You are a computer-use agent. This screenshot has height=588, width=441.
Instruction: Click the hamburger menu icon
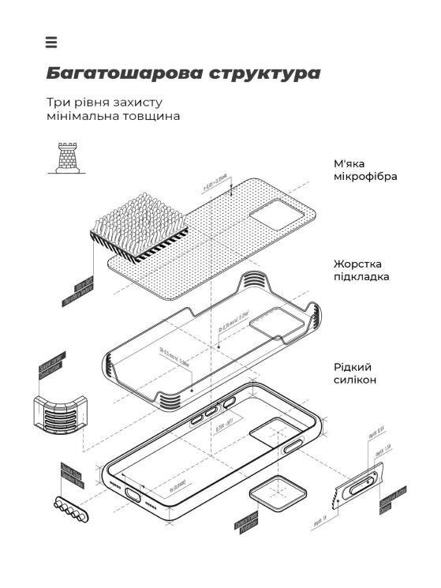[51, 43]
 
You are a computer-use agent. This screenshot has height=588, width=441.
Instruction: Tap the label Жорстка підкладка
[364, 270]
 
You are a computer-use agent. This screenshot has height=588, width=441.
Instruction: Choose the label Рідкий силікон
[354, 373]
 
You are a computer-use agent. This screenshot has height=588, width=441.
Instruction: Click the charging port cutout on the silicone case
[132, 495]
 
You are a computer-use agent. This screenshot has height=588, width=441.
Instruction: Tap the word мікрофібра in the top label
[364, 177]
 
